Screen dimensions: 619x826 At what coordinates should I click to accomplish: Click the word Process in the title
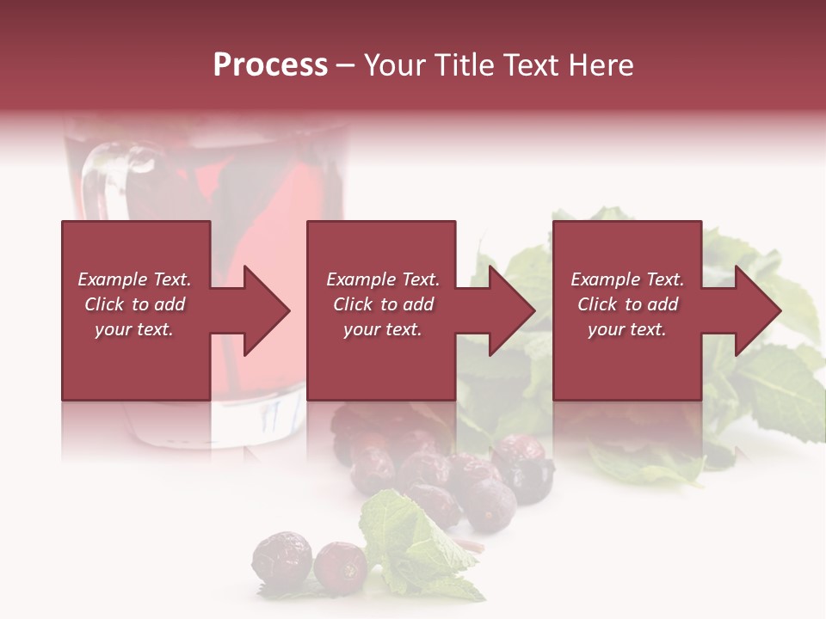coord(270,65)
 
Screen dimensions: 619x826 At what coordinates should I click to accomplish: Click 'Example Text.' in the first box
coord(134,279)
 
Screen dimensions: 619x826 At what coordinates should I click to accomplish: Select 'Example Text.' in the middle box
coord(382,279)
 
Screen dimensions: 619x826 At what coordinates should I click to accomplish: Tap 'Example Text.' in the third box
coord(627,279)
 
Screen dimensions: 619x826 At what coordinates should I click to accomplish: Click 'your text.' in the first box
coord(134,329)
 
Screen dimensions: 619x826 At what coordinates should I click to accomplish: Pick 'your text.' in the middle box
coord(382,329)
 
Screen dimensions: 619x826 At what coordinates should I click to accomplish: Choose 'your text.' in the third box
coord(627,329)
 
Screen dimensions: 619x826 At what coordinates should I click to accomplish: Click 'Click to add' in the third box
coord(627,304)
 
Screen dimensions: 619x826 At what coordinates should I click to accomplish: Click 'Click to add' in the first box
coord(134,304)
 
